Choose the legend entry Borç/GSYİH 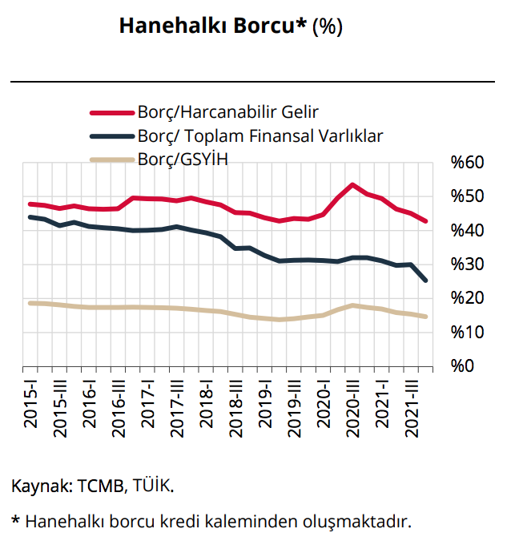pyautogui.click(x=183, y=159)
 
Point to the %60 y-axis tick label pyautogui.click(x=467, y=163)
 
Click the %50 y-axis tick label pyautogui.click(x=467, y=197)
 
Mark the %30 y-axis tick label pyautogui.click(x=467, y=264)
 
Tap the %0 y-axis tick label pyautogui.click(x=464, y=366)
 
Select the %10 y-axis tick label pyautogui.click(x=467, y=332)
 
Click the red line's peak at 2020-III pyautogui.click(x=352, y=185)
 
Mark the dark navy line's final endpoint pyautogui.click(x=425, y=280)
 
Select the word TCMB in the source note pyautogui.click(x=101, y=486)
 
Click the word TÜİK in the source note pyautogui.click(x=153, y=486)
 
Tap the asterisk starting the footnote pyautogui.click(x=16, y=521)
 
